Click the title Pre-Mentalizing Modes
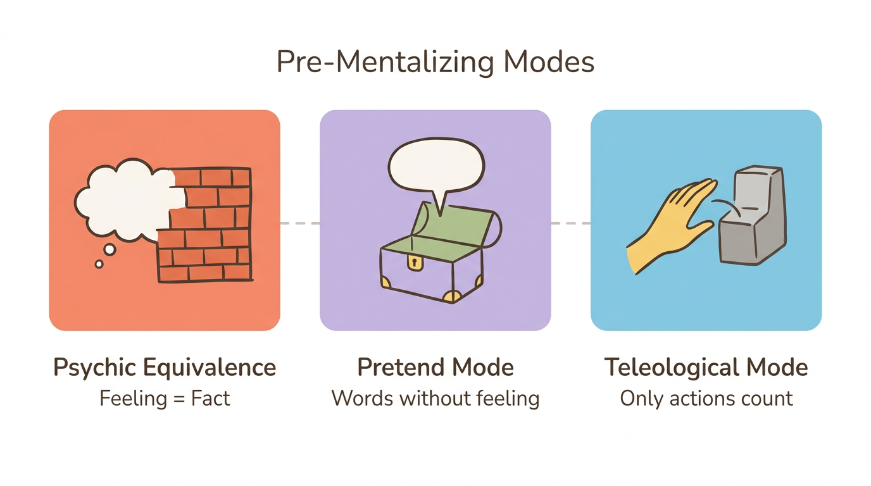click(x=435, y=63)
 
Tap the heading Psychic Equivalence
click(x=165, y=368)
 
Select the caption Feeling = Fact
click(x=165, y=399)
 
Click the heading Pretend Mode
click(x=435, y=368)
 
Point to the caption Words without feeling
click(x=435, y=399)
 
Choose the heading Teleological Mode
click(x=706, y=368)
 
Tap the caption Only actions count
click(x=706, y=399)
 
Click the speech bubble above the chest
click(x=436, y=166)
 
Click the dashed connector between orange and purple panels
click(x=299, y=223)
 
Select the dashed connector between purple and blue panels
click(x=570, y=223)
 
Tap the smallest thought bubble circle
click(x=99, y=264)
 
